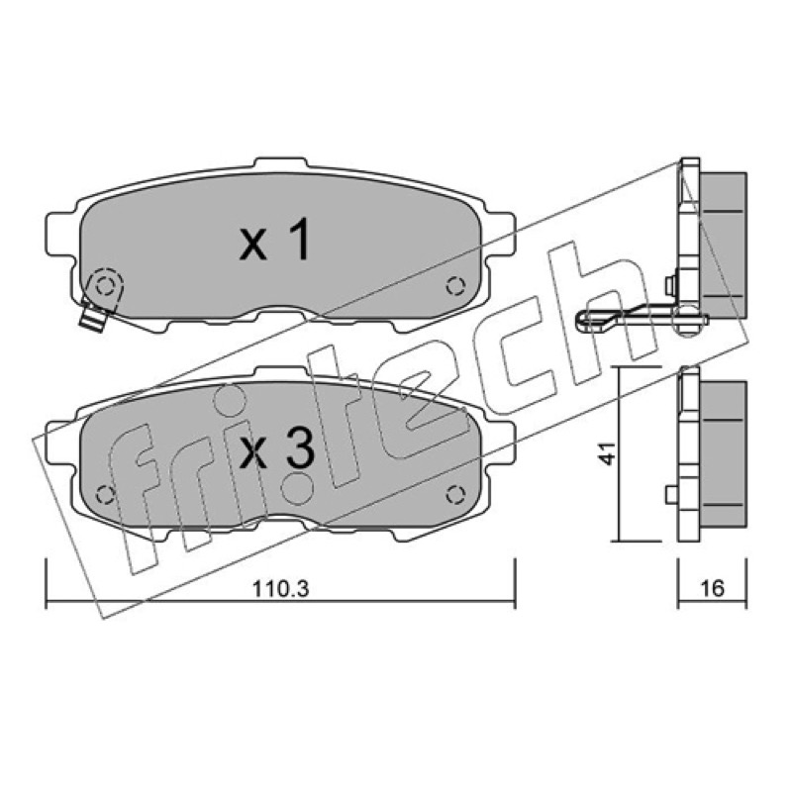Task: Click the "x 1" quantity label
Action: [275, 242]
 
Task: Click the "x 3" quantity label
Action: [277, 450]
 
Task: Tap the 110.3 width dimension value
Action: [280, 588]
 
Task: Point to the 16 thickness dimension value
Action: [712, 588]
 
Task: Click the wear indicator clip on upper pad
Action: [100, 298]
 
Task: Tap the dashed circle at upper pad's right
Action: [455, 286]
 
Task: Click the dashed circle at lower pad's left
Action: [106, 494]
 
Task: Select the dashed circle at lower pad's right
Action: [455, 494]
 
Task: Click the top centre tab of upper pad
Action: [280, 164]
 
